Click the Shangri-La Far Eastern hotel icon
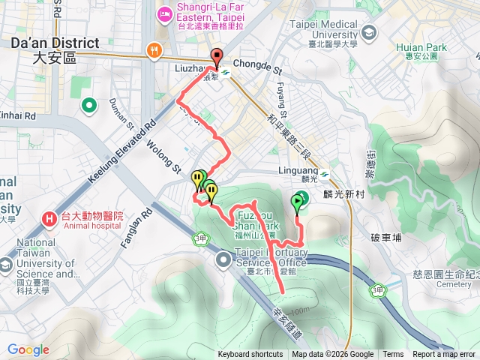[x=163, y=13]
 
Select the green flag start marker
[x=299, y=200]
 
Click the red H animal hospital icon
[x=49, y=219]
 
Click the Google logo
[x=28, y=349]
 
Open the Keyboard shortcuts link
[x=250, y=355]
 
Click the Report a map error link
[x=443, y=355]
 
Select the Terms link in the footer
[x=393, y=355]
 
